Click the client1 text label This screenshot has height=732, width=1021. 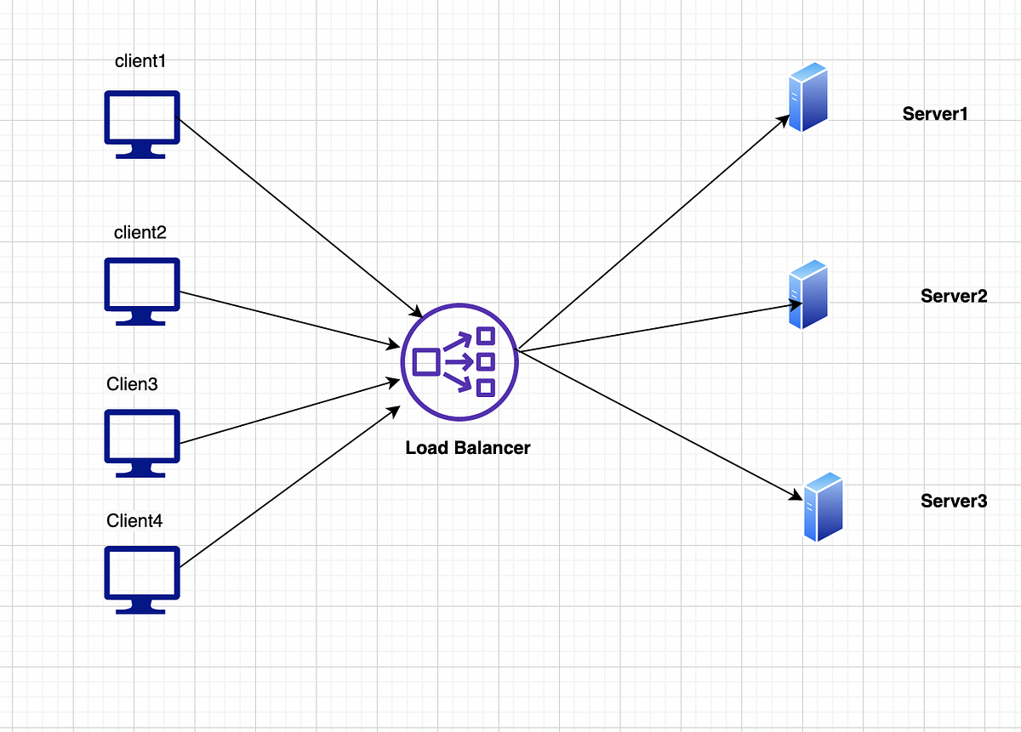pos(140,61)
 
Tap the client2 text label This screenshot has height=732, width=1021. pos(140,233)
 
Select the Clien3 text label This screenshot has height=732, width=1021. pos(132,384)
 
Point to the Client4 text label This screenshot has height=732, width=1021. pos(134,520)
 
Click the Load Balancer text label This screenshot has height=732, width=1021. pos(468,448)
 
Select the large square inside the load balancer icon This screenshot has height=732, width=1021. pos(426,362)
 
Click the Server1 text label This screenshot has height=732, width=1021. pos(935,114)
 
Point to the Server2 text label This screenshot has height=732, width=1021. pos(954,296)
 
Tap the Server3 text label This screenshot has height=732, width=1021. pos(954,501)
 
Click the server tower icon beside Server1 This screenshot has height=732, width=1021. pos(808,97)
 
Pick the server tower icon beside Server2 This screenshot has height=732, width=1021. pos(808,294)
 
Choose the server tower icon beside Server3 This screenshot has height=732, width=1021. pos(824,507)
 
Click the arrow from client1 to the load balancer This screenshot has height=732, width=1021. pos(299,218)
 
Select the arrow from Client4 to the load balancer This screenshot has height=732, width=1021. pos(290,487)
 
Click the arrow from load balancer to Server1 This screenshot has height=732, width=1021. pos(654,232)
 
